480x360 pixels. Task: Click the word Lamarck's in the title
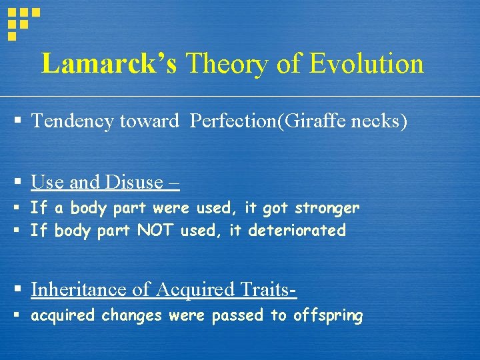tap(109, 64)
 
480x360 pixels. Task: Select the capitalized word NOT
tap(153, 231)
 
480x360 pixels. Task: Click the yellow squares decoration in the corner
tap(21, 21)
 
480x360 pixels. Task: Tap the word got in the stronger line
tap(275, 208)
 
